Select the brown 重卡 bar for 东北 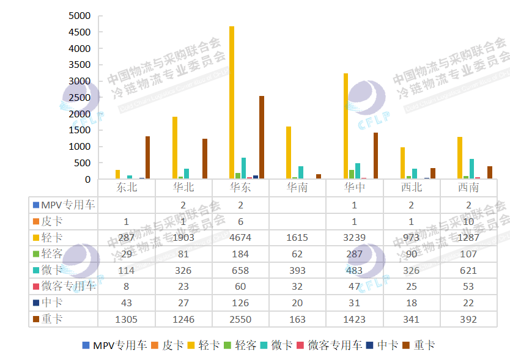pyautogui.click(x=147, y=158)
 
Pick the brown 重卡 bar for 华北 pyautogui.click(x=205, y=159)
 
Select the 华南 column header pyautogui.click(x=297, y=187)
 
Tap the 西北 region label pyautogui.click(x=412, y=187)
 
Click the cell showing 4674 pyautogui.click(x=240, y=237)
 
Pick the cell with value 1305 pyautogui.click(x=127, y=319)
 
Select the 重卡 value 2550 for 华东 pyautogui.click(x=240, y=319)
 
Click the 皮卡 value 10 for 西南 pyautogui.click(x=468, y=221)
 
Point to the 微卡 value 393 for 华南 pyautogui.click(x=297, y=270)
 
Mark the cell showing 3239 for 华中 pyautogui.click(x=355, y=237)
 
